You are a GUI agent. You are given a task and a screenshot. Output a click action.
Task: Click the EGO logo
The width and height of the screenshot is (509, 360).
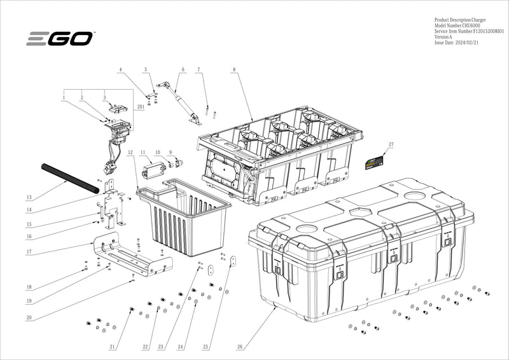tap(60, 38)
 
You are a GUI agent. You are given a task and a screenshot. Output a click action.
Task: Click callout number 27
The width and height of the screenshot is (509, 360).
tap(391, 145)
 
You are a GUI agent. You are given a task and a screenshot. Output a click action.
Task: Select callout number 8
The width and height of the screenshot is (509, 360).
tap(234, 69)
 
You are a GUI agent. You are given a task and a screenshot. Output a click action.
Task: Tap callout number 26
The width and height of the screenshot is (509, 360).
tap(240, 347)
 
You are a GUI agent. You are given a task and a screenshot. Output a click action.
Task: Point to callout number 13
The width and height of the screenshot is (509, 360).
tap(29, 198)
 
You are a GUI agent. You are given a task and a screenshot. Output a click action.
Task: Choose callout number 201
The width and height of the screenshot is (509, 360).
tap(140, 108)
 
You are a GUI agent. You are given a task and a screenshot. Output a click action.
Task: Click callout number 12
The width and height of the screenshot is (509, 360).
tap(130, 153)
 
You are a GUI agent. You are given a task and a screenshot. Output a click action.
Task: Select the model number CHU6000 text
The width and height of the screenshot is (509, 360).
tap(457, 25)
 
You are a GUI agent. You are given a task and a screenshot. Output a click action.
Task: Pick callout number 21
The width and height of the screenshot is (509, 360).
tap(112, 347)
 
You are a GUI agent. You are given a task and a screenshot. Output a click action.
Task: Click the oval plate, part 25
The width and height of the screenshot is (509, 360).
tap(233, 261)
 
